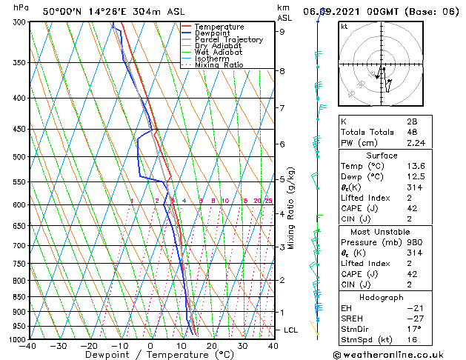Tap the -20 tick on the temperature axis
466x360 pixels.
point(89,346)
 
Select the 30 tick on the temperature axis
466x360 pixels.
point(242,346)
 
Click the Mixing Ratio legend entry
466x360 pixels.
point(219,65)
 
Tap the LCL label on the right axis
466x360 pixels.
point(291,330)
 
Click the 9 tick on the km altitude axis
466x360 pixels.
point(282,32)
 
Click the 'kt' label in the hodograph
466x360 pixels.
point(344,27)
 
